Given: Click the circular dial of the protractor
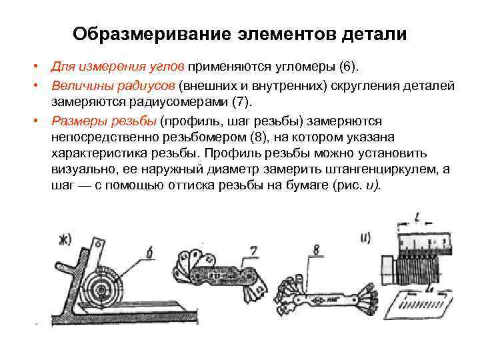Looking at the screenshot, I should pyautogui.click(x=104, y=287).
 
